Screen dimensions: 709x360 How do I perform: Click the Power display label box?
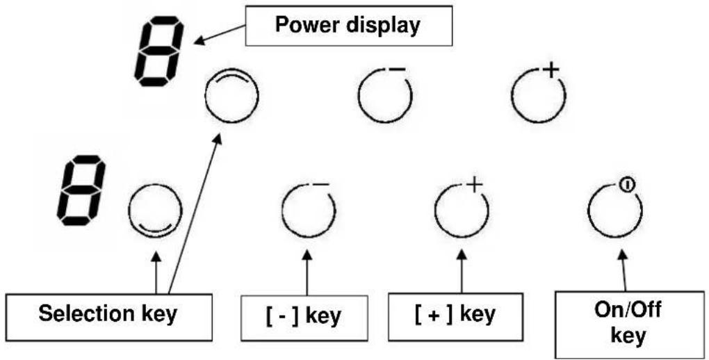click(349, 26)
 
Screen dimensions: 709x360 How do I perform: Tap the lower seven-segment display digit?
click(81, 190)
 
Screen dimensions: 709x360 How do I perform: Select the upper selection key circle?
click(205, 97)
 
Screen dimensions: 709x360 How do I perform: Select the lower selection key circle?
click(129, 211)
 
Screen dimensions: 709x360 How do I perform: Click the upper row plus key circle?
click(512, 96)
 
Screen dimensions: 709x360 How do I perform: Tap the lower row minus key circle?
click(282, 211)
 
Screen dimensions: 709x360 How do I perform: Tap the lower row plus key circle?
click(435, 211)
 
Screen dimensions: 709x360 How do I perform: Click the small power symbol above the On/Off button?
click(627, 185)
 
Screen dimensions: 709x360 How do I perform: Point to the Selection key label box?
click(109, 317)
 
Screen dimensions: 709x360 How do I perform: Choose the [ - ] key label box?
click(304, 318)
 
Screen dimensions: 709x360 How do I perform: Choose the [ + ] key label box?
click(456, 317)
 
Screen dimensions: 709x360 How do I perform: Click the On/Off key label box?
click(629, 325)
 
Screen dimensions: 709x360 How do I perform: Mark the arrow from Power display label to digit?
click(220, 35)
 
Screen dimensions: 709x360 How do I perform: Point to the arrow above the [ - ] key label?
click(307, 274)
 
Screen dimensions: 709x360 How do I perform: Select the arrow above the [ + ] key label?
click(462, 272)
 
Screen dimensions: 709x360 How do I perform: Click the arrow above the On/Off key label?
click(624, 271)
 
